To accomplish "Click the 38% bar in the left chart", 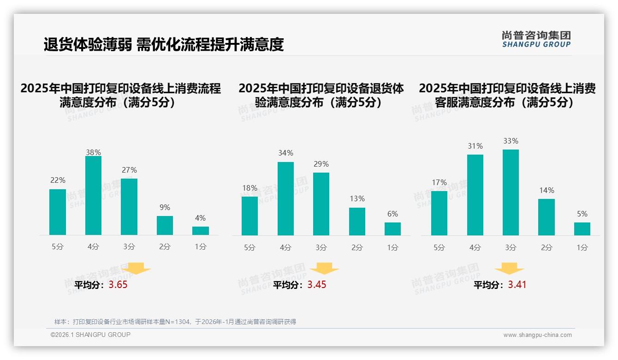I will click(x=93, y=196).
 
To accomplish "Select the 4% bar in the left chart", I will click(x=201, y=231).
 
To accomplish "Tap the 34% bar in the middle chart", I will click(x=285, y=198).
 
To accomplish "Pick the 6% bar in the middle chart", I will click(x=392, y=229).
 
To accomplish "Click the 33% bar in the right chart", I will click(x=511, y=192).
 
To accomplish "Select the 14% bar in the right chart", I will click(x=547, y=217).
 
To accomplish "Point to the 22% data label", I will click(x=58, y=180).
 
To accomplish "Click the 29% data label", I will click(x=321, y=164).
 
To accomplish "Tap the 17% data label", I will click(x=439, y=182).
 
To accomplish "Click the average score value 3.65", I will click(x=118, y=285).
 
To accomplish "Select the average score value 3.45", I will click(x=317, y=285).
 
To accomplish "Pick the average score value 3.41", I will click(x=517, y=285).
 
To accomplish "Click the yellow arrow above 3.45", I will click(x=324, y=269).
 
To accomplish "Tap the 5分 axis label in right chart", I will click(x=439, y=248).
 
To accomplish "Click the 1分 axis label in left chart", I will click(x=201, y=247).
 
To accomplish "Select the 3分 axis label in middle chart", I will click(x=321, y=248).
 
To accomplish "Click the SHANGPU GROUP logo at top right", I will click(x=536, y=39).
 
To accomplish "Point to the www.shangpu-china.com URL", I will click(x=537, y=335).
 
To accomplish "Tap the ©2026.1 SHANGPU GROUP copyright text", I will click(x=90, y=335).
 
